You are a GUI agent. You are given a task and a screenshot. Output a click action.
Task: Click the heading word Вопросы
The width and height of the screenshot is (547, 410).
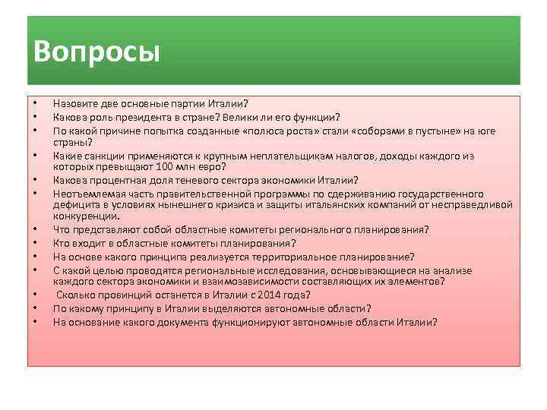coord(96,52)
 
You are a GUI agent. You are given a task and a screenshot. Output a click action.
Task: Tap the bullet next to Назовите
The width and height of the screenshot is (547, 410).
coord(36,104)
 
